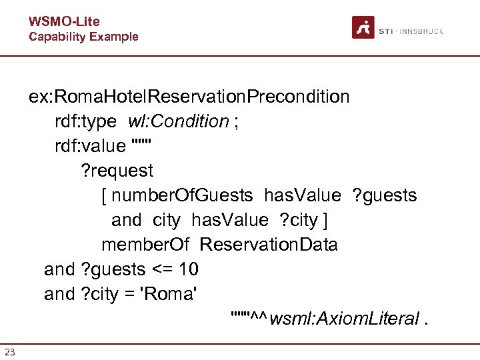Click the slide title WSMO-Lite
tap(64, 22)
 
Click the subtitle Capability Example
tap(83, 37)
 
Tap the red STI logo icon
tap(363, 27)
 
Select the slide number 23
tap(10, 352)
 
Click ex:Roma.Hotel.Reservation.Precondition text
tap(189, 97)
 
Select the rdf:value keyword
tap(90, 146)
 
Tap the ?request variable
tap(117, 171)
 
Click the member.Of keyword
tap(145, 245)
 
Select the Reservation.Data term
tap(269, 245)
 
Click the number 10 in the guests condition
tap(189, 269)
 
